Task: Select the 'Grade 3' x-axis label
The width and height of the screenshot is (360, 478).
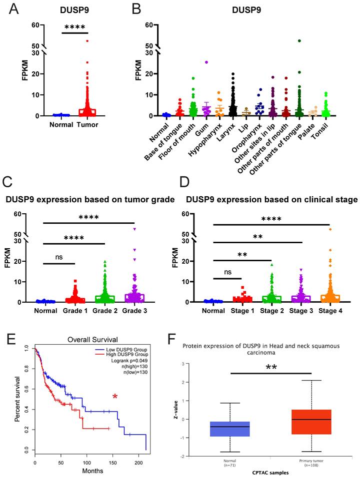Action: [134, 311]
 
